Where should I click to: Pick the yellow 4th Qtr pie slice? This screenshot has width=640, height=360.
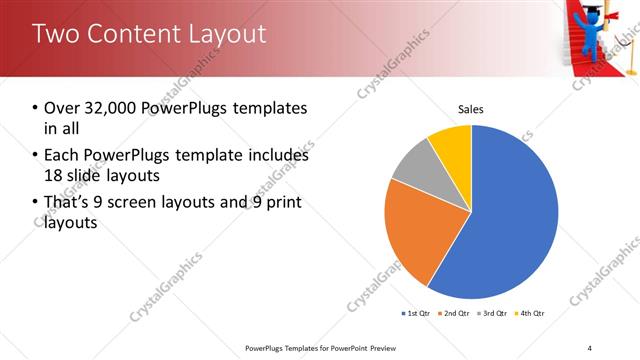coord(452,144)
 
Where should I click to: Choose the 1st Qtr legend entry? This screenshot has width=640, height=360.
coord(416,314)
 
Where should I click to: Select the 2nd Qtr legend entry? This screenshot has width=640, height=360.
coord(455,314)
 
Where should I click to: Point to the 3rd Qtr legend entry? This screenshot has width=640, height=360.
coord(494,314)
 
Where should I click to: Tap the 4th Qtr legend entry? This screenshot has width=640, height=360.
coord(531,314)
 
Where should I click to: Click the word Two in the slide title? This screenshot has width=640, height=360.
coord(53,34)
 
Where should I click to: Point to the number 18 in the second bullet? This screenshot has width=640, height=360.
coord(52,177)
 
